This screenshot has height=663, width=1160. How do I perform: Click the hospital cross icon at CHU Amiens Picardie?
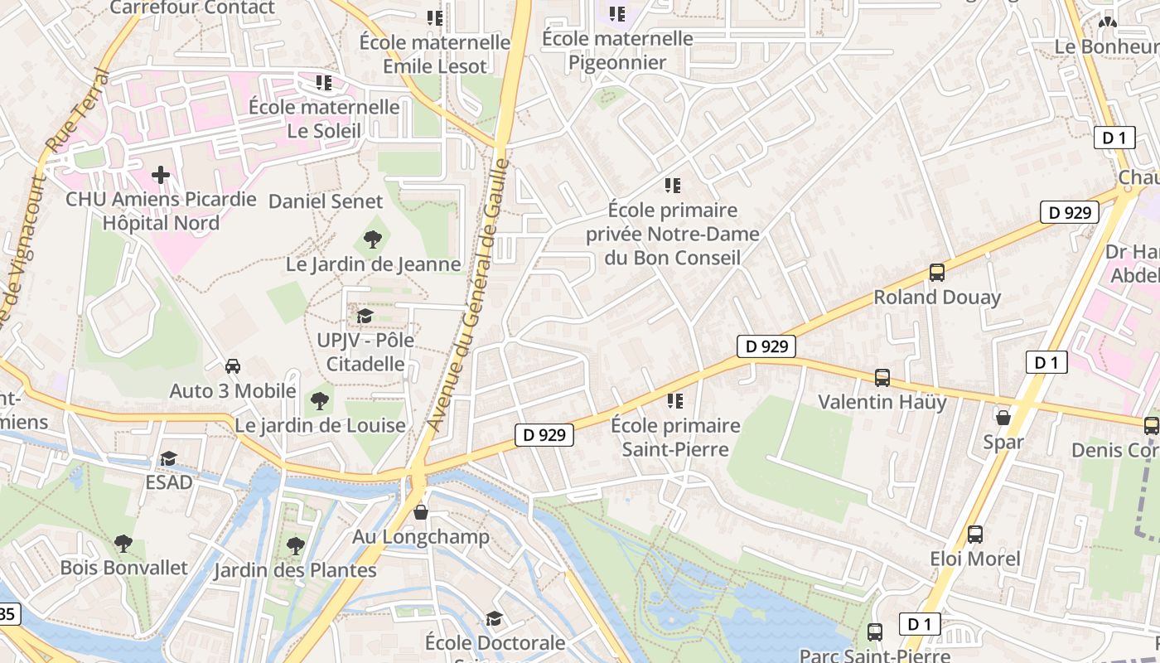[161, 175]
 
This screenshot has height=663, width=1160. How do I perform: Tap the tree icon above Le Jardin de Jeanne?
[373, 240]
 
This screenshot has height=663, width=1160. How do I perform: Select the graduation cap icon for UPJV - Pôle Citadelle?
[365, 316]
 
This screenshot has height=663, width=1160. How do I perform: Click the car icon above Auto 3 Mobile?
[233, 366]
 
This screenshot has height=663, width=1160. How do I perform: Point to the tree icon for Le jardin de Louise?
[320, 401]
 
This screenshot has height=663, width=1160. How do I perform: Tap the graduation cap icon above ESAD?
[169, 458]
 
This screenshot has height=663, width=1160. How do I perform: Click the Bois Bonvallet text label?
[124, 569]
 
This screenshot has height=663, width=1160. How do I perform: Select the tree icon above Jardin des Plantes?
[295, 545]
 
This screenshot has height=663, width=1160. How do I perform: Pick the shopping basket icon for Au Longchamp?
[421, 512]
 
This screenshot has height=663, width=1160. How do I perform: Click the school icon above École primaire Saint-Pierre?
[675, 401]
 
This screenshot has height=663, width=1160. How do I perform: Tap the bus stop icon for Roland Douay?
[937, 272]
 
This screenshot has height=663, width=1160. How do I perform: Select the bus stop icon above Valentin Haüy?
[882, 378]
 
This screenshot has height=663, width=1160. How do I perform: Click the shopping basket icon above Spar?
[1003, 418]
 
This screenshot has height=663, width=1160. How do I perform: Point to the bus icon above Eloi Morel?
[975, 535]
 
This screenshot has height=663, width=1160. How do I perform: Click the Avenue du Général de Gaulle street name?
[469, 294]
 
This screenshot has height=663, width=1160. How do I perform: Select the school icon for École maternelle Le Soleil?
[324, 83]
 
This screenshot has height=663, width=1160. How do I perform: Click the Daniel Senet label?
[326, 201]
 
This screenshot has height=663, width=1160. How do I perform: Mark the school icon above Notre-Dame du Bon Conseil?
[673, 186]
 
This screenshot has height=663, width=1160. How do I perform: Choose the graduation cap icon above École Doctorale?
[495, 618]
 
